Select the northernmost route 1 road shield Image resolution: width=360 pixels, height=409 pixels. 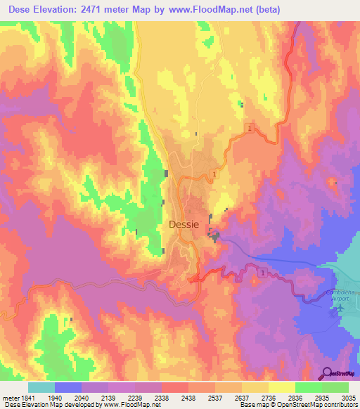coord(250,128)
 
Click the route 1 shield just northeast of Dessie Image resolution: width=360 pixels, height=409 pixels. coord(214,174)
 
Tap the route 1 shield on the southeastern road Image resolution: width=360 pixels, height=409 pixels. coord(262,272)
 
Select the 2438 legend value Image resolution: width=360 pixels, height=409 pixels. coord(188,398)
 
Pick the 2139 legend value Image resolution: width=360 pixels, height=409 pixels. coord(108,398)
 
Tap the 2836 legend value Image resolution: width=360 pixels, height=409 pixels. coord(295,398)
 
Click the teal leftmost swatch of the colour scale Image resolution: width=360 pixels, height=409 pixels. coord(41,387)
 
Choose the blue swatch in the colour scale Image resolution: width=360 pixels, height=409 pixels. coord(67,387)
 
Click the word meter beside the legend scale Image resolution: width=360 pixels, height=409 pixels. coord(8,398)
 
